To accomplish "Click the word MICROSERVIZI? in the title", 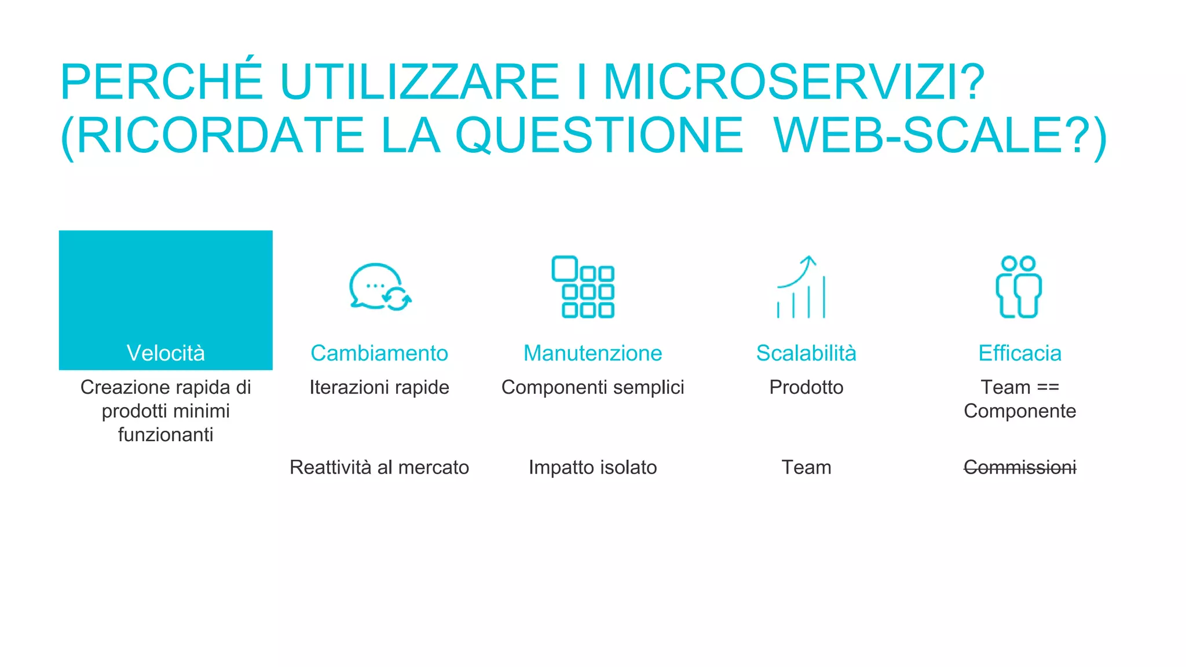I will (x=793, y=82).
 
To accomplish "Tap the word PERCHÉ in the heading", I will (x=162, y=82).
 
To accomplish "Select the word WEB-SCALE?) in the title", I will (x=940, y=136).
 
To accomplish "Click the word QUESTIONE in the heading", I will (x=599, y=136).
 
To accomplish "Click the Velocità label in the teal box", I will (x=166, y=353).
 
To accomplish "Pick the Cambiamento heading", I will (x=379, y=353).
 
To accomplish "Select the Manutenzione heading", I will (x=592, y=353).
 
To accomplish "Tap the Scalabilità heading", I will (x=806, y=353).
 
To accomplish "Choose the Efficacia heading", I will (x=1020, y=353).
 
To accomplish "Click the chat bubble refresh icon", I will (x=380, y=287).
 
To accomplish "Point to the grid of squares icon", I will (x=583, y=287).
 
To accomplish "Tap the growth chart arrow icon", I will (x=801, y=287).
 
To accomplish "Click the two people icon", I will (x=1019, y=287).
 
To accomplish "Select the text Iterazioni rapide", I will (x=379, y=387).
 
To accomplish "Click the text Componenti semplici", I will (x=592, y=387).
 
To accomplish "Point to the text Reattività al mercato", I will (x=379, y=467).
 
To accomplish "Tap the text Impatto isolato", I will (x=592, y=467).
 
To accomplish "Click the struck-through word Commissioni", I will (x=1020, y=467).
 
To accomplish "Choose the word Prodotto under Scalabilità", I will (x=806, y=387).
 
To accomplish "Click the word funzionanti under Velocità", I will (x=166, y=435).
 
